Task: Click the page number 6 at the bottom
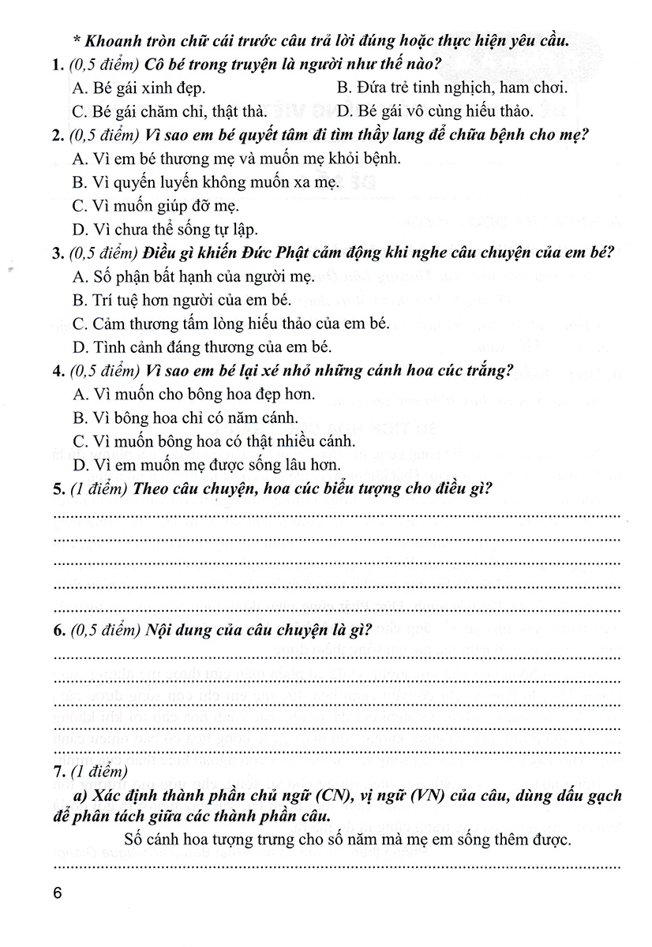tap(55, 893)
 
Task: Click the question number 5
tap(57, 488)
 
